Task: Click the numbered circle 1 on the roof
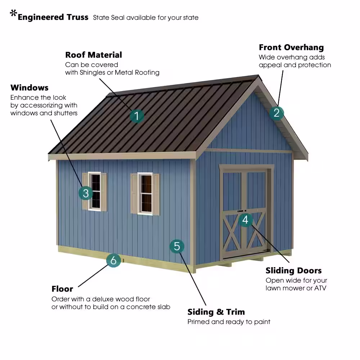coord(136,116)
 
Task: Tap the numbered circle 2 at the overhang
coord(276,113)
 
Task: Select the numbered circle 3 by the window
coord(86,193)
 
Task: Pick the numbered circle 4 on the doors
coord(246,220)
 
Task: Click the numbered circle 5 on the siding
coord(177,246)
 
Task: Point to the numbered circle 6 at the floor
coord(113,260)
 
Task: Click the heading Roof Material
coord(94,55)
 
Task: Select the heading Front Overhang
coord(291,47)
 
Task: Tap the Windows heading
coord(30,87)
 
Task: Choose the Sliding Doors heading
coord(294,270)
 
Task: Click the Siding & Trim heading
coord(216,312)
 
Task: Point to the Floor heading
coord(62,289)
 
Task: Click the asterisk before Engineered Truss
coord(14,13)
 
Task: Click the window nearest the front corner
coord(145,194)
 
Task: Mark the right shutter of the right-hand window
coord(156,194)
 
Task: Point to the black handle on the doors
coord(240,211)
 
